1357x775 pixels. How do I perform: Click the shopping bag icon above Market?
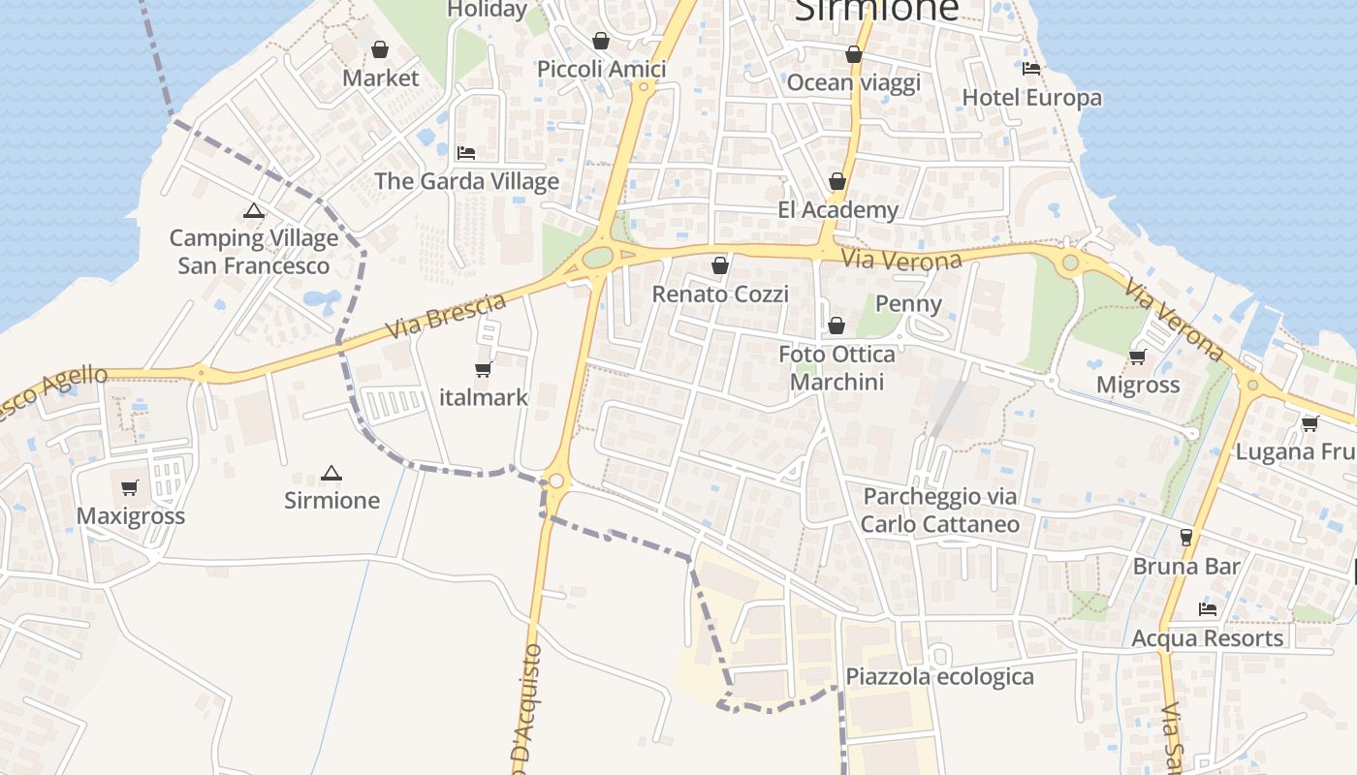(x=380, y=49)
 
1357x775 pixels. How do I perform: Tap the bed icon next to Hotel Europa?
(x=1031, y=69)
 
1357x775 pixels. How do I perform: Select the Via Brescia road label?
(x=446, y=316)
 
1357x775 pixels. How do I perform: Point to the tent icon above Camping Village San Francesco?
(x=254, y=210)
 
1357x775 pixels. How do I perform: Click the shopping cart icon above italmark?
(x=483, y=369)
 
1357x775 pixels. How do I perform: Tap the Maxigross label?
(x=131, y=515)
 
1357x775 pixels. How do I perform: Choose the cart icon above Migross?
(x=1138, y=356)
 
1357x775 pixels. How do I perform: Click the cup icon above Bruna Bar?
(x=1185, y=538)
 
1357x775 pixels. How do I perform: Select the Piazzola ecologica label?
(x=940, y=676)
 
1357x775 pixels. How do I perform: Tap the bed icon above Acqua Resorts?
(x=1207, y=609)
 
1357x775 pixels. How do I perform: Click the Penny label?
(x=908, y=304)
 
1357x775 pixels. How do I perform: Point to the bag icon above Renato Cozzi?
(x=719, y=265)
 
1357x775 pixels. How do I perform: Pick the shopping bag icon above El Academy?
(x=837, y=182)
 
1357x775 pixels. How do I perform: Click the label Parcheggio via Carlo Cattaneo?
(x=940, y=511)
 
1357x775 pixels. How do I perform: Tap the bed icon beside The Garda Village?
(x=466, y=153)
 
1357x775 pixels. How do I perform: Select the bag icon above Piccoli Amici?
(x=601, y=41)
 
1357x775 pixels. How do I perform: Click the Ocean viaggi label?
(x=853, y=82)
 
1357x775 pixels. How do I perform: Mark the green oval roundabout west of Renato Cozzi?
(x=599, y=257)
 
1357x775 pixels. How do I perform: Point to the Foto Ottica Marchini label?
(x=836, y=368)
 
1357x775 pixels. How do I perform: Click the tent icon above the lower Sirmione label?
(x=331, y=474)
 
